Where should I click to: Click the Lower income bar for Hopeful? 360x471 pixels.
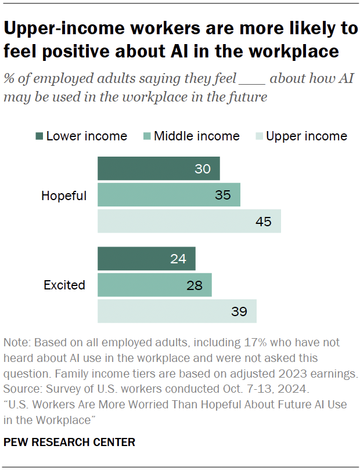point(158,168)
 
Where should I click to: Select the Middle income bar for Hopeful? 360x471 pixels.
point(168,195)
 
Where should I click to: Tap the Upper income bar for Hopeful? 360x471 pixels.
point(189,221)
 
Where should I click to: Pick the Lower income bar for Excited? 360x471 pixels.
point(146,259)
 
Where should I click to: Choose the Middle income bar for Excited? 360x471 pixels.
point(154,285)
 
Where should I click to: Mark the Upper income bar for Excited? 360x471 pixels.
point(177,311)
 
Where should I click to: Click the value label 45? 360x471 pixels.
point(264,222)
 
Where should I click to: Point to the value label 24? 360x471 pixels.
point(178,259)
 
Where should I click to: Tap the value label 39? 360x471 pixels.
point(239,311)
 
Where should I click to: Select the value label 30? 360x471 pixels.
point(203,169)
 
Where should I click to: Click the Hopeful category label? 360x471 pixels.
point(64,196)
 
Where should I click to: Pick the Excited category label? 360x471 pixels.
point(64,285)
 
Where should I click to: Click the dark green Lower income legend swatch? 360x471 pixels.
point(39,136)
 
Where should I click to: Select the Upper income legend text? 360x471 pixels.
point(306,136)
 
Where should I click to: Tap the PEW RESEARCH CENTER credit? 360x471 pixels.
point(69,442)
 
